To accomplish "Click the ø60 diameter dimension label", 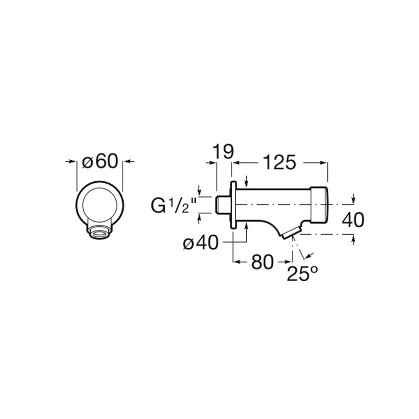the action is click(100, 161).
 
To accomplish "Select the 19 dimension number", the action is click(223, 151).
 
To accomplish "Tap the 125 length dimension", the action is click(280, 162).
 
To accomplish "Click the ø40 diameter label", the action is click(201, 242).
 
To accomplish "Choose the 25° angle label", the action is click(303, 273).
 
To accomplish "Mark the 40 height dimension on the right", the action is click(353, 219).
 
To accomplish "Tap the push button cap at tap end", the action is click(319, 205).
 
